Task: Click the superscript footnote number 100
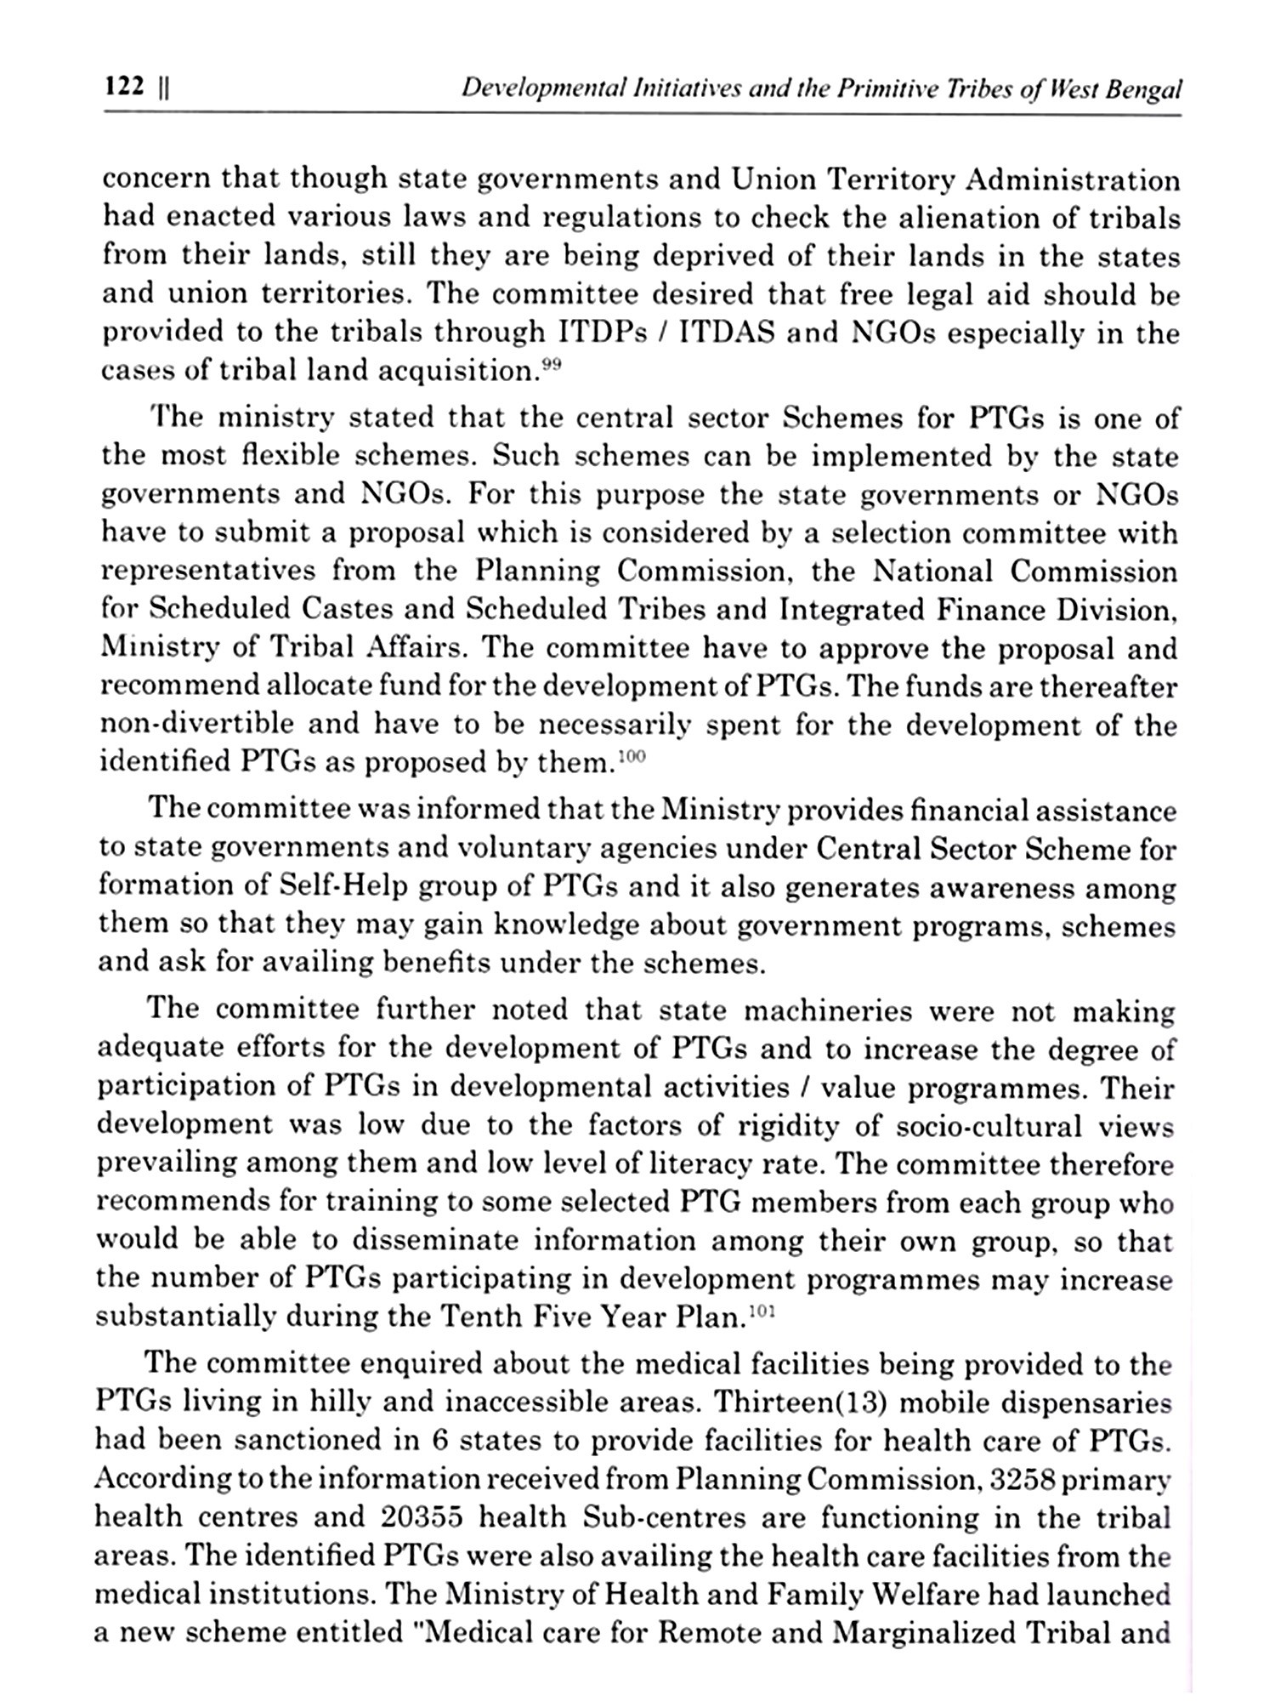632,754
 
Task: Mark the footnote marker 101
764,1311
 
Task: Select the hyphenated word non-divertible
197,724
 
